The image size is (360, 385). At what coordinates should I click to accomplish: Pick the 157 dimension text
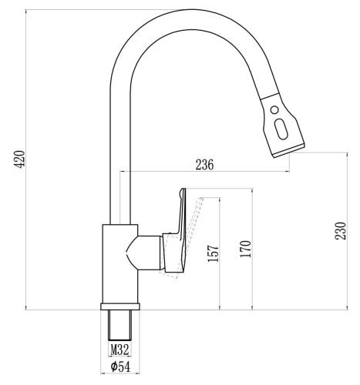tap(214, 255)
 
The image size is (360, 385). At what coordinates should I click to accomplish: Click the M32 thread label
tap(119, 349)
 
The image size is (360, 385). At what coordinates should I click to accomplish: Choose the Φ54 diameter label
tap(119, 367)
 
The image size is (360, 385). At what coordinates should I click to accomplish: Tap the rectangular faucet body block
tap(119, 262)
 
